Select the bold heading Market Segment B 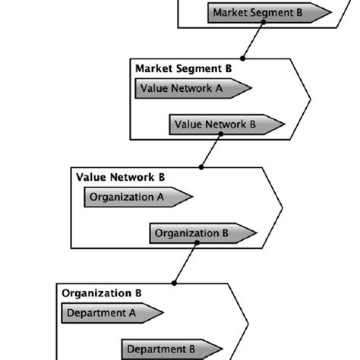click(x=184, y=68)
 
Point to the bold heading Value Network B click(x=121, y=177)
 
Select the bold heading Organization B click(x=101, y=292)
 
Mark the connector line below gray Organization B click(x=185, y=263)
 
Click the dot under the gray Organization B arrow click(x=197, y=244)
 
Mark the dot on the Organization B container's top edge click(x=175, y=283)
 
